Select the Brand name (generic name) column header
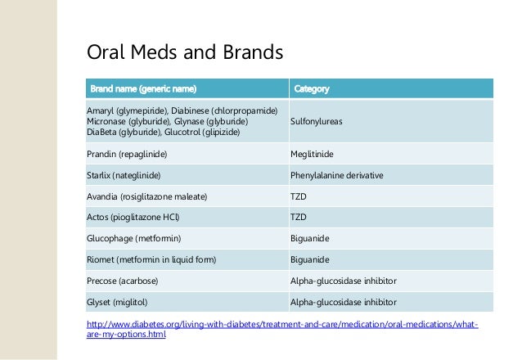[143, 88]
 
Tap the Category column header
[311, 88]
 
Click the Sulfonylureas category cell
[317, 121]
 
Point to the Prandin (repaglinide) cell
[127, 153]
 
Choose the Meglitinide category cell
[312, 153]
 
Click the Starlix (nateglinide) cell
[124, 175]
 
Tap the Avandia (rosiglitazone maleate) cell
[146, 196]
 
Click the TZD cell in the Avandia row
[299, 196]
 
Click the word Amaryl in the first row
[100, 110]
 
